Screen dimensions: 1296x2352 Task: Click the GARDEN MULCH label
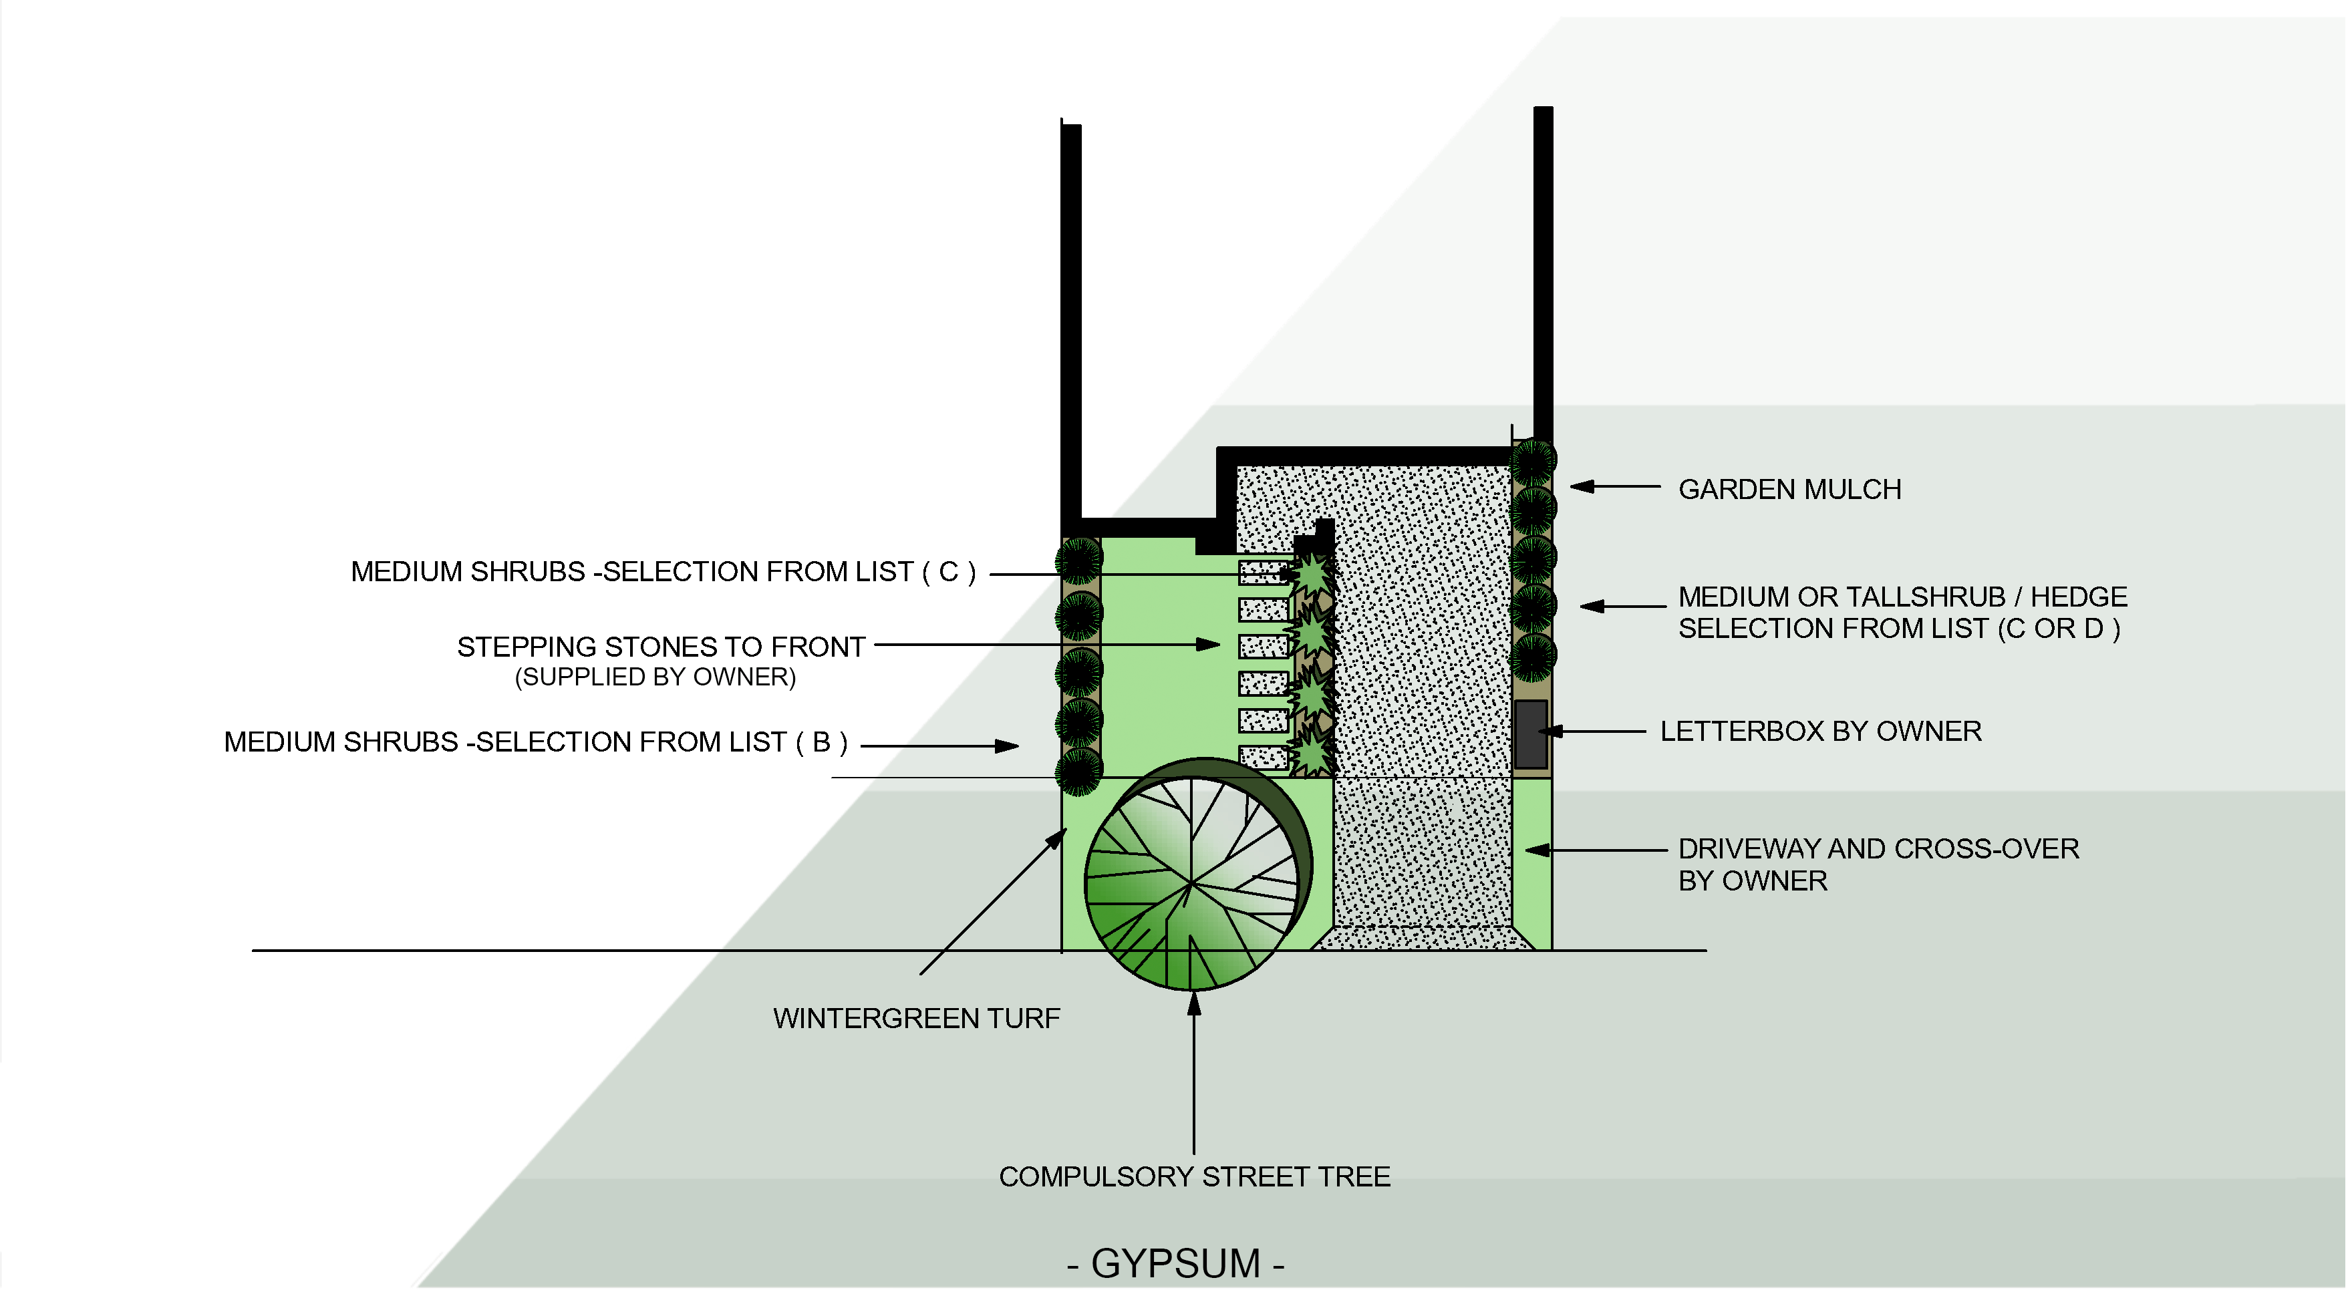click(x=1789, y=490)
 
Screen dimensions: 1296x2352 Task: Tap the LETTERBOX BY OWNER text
click(x=1819, y=732)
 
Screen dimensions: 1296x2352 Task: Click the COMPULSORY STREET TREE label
click(x=1194, y=1177)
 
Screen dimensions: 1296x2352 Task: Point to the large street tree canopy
click(x=1191, y=882)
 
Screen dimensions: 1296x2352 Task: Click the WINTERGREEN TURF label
click(x=916, y=1019)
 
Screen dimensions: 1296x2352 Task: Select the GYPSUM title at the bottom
click(x=1176, y=1264)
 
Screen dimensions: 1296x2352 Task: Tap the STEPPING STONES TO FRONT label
click(x=660, y=647)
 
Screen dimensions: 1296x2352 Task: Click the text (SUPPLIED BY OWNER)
click(x=655, y=677)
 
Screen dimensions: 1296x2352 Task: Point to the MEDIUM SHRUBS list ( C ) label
click(x=663, y=573)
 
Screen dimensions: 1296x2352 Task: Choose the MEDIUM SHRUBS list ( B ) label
click(x=535, y=743)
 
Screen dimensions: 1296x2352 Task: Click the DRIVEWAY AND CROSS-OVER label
click(x=1878, y=850)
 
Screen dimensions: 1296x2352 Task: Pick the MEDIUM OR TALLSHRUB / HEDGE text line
click(x=1902, y=597)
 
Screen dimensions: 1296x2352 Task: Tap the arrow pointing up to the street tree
click(x=1193, y=1004)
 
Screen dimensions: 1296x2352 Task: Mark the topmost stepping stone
click(x=1263, y=573)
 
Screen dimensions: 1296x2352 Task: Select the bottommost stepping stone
click(x=1263, y=758)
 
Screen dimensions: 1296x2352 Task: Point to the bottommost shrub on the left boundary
click(x=1079, y=773)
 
